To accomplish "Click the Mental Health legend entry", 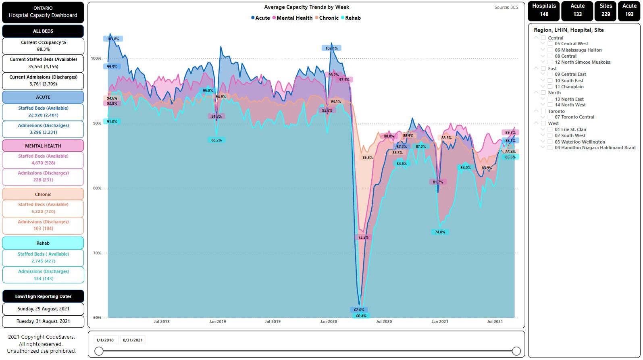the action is click(x=293, y=18).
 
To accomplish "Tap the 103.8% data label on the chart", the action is click(x=113, y=39).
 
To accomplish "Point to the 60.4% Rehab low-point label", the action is click(x=361, y=316).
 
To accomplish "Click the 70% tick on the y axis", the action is click(x=96, y=253).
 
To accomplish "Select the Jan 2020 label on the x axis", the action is click(x=329, y=322).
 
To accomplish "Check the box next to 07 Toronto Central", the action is click(x=550, y=117).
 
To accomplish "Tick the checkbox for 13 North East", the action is click(x=550, y=99).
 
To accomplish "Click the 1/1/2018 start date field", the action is click(x=105, y=340).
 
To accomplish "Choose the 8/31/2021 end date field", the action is click(x=133, y=340).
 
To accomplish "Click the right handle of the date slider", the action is click(x=516, y=351).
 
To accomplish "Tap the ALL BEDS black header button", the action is click(x=43, y=31).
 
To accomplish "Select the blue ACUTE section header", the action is click(x=43, y=97).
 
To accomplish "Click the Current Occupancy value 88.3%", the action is click(x=44, y=49).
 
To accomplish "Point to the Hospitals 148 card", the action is click(x=544, y=10).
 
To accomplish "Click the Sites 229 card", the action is click(x=606, y=10).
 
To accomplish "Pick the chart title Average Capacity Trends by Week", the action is click(x=306, y=7).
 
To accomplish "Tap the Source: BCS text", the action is click(x=506, y=7).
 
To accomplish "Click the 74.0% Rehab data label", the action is click(x=440, y=232).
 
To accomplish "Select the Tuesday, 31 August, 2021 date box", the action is click(x=44, y=321).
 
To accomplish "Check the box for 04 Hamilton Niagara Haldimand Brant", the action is click(x=550, y=148).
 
